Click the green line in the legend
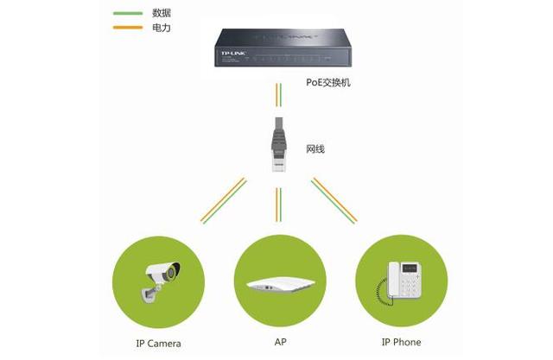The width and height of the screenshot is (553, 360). click(x=128, y=14)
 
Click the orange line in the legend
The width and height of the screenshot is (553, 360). click(x=128, y=28)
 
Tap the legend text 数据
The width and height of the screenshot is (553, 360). click(x=162, y=13)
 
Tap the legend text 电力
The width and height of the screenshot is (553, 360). click(x=162, y=28)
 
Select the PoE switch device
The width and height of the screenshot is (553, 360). click(x=283, y=47)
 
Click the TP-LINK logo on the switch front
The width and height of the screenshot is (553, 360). click(x=233, y=54)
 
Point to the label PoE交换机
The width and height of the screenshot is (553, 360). click(x=328, y=82)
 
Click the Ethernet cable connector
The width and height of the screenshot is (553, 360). click(x=278, y=145)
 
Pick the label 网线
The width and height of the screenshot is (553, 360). click(x=315, y=149)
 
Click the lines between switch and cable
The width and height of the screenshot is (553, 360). click(x=278, y=95)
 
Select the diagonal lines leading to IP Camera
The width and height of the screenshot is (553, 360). click(x=223, y=200)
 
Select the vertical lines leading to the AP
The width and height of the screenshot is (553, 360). click(x=278, y=205)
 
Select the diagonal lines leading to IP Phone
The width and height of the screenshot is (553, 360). click(x=334, y=200)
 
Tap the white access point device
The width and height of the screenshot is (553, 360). click(x=281, y=284)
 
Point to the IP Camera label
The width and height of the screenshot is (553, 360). click(x=158, y=344)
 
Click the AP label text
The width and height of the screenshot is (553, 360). click(x=280, y=342)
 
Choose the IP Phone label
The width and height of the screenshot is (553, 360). click(x=401, y=342)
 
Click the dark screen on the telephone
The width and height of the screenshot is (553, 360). click(x=410, y=268)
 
